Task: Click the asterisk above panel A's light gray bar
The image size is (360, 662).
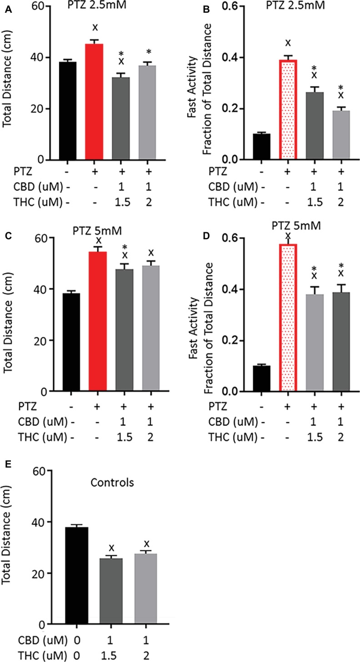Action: coord(148,52)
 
